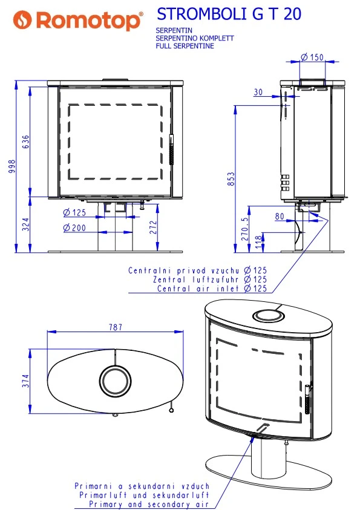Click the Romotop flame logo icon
(x=22, y=19)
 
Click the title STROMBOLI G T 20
(x=229, y=14)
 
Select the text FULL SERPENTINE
(x=185, y=46)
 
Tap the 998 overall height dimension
(x=12, y=166)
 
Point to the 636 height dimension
(x=25, y=142)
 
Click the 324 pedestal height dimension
(x=25, y=224)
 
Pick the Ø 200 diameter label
(x=74, y=227)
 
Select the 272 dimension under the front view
(x=153, y=227)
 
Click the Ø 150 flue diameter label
(x=312, y=57)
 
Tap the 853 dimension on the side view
(x=231, y=179)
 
